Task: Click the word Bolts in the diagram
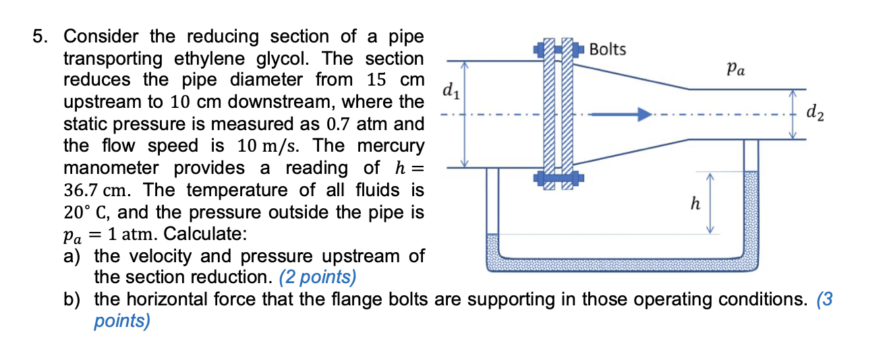click(607, 49)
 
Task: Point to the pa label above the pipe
click(736, 68)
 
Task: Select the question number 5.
click(42, 36)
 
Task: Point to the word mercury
click(391, 146)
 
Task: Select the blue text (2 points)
click(317, 277)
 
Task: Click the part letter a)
click(72, 256)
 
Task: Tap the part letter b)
click(72, 299)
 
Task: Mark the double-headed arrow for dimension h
click(709, 202)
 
